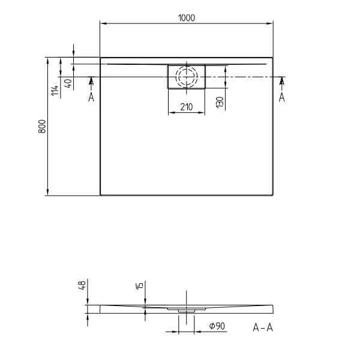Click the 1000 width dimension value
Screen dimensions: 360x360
click(186, 18)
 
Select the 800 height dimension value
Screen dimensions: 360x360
click(42, 127)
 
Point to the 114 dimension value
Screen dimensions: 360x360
click(55, 91)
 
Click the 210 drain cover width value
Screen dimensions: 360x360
click(186, 107)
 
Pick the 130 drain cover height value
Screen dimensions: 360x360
click(220, 102)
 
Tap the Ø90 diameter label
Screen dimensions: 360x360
click(217, 326)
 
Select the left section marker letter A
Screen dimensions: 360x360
click(91, 97)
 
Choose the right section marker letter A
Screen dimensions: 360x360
click(281, 97)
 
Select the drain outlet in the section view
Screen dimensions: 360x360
click(186, 311)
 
